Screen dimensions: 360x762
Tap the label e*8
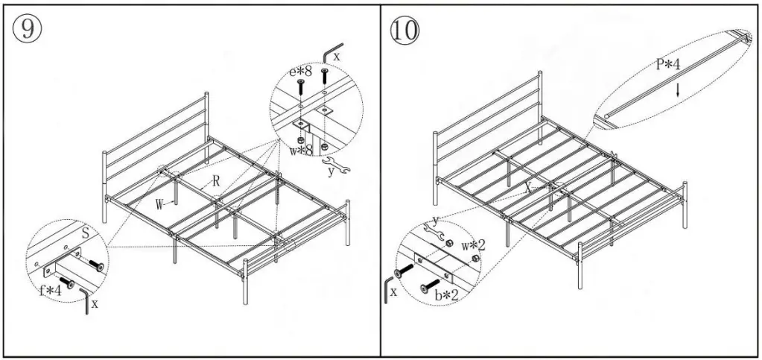(x=299, y=72)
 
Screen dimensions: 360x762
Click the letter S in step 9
(x=86, y=233)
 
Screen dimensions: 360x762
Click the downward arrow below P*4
(x=677, y=90)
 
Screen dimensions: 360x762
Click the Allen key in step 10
(x=388, y=289)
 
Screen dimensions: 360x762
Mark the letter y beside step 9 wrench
(x=331, y=172)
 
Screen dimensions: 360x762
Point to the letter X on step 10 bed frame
(x=527, y=189)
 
